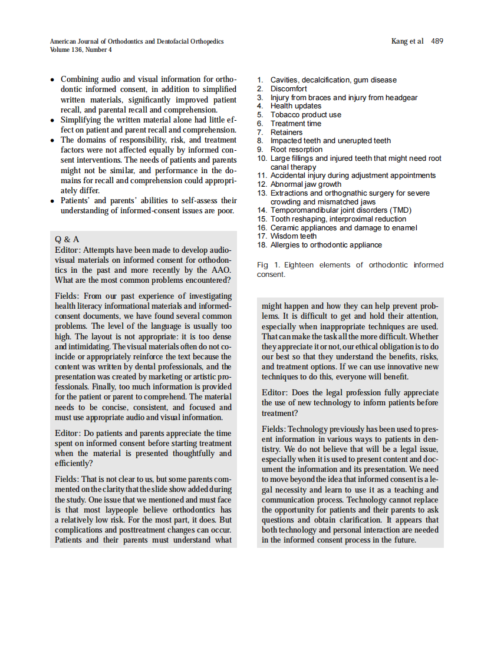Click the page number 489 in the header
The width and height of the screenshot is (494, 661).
pos(437,41)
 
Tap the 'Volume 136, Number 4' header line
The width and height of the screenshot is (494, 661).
pos(81,50)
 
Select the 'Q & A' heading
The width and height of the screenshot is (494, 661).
pos(67,239)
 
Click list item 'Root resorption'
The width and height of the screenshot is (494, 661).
pos(297,150)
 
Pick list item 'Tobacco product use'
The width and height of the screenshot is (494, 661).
pos(305,115)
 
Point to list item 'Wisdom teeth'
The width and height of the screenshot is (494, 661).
pos(293,236)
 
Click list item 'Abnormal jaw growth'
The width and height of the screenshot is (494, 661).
pos(305,184)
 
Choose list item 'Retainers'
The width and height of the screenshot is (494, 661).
pos(286,133)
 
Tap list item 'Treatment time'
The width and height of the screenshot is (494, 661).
pos(296,124)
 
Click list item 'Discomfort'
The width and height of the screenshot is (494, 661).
pos(288,89)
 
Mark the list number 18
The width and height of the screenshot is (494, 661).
pos(262,245)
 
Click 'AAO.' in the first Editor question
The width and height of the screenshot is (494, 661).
pos(220,270)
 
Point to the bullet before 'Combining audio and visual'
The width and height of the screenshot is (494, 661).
pos(53,80)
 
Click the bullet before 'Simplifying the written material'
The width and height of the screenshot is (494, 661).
pos(53,120)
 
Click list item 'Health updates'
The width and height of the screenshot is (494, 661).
pos(296,106)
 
